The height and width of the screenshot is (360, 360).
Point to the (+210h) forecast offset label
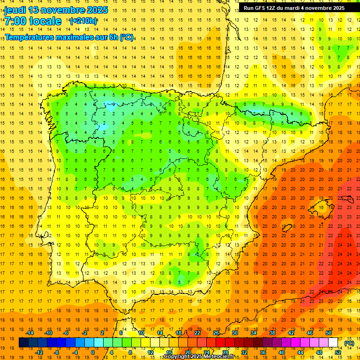click(x=83, y=21)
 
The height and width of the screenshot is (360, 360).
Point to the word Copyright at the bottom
click(x=177, y=357)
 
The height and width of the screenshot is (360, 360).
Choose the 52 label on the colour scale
click(x=338, y=353)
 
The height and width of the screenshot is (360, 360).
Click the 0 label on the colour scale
click(x=92, y=353)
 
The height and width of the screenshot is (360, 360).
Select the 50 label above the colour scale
click(x=329, y=333)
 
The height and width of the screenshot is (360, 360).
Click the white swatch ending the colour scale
click(x=333, y=343)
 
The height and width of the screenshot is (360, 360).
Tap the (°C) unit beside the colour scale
click(x=349, y=343)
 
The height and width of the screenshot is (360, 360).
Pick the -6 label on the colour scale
click(x=66, y=333)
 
